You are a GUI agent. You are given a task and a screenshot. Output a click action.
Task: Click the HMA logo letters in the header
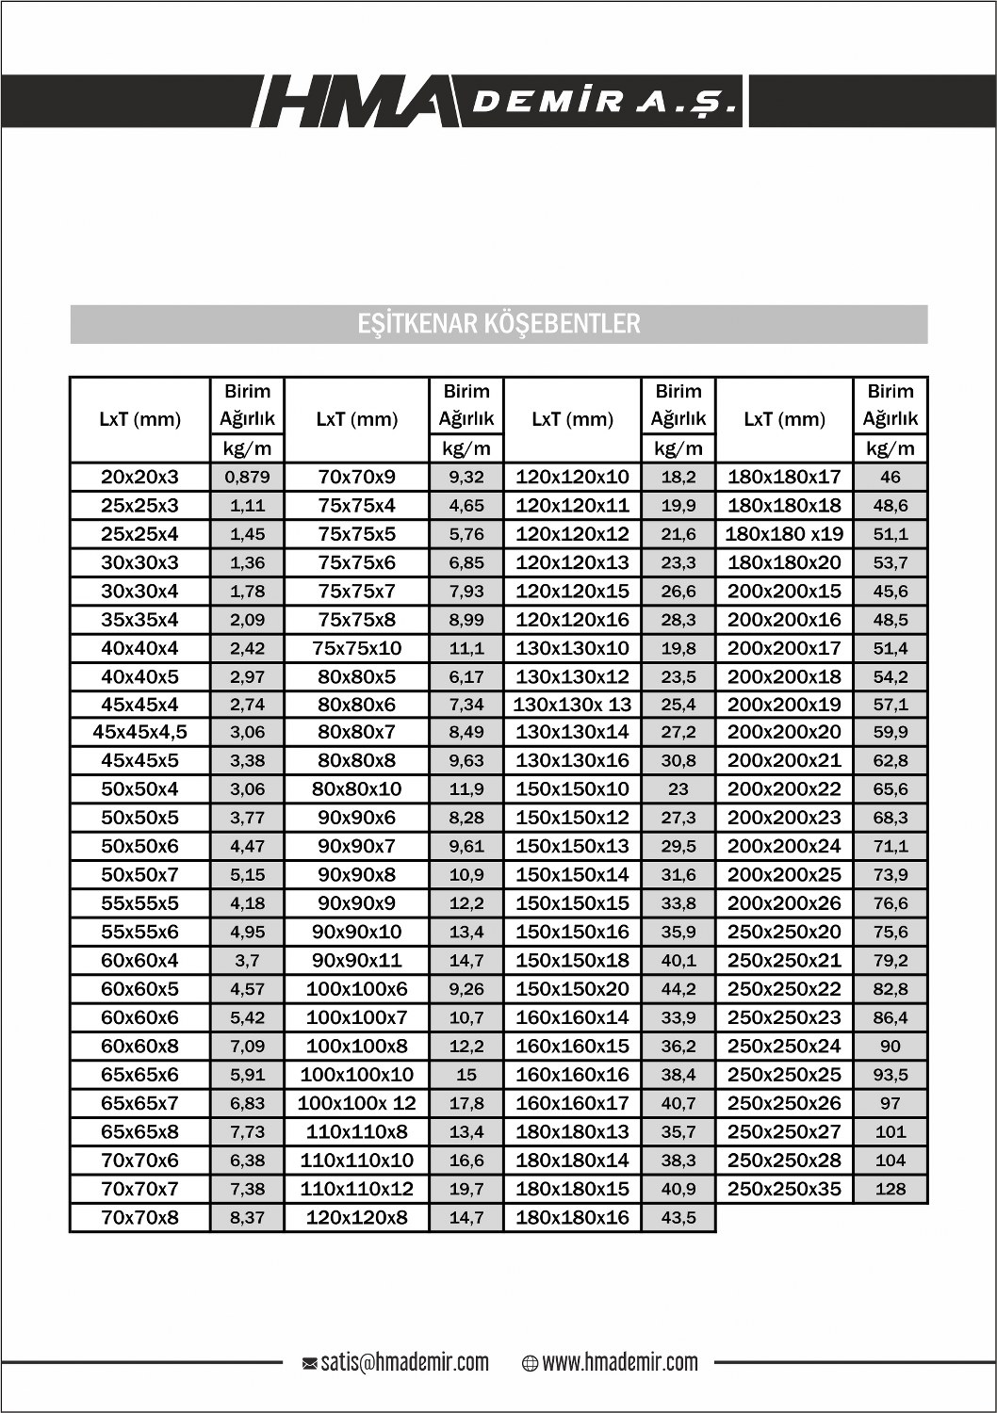coord(349,101)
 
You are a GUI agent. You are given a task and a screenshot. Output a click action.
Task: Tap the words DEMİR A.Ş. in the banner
coord(604,102)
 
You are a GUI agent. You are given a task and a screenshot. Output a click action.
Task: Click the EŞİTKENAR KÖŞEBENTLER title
coord(499,323)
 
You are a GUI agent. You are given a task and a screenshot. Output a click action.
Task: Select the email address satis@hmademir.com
coord(404,1362)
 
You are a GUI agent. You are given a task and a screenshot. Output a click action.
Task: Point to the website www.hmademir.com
coord(620,1362)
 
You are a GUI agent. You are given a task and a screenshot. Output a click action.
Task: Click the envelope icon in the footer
coord(309,1363)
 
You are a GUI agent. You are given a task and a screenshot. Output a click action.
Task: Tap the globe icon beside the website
coord(530,1363)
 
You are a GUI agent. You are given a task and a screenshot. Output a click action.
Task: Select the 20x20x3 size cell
coord(139,477)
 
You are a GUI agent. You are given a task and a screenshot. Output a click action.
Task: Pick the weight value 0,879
coord(247,477)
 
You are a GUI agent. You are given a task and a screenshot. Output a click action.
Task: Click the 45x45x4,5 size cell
coord(139,732)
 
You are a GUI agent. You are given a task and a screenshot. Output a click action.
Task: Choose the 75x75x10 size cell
coord(356,648)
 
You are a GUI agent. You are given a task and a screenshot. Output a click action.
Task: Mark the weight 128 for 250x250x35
coord(890,1189)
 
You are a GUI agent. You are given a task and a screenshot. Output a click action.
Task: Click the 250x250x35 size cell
coord(784,1189)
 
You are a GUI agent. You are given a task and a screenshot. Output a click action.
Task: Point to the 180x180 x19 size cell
coord(784,534)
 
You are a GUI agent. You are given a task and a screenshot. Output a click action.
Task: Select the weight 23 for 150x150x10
coord(678,789)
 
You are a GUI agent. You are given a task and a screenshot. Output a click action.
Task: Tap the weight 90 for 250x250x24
coord(890,1046)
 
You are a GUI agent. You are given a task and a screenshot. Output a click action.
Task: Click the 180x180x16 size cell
coord(572,1217)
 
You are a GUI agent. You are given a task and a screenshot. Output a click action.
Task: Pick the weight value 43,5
coord(678,1217)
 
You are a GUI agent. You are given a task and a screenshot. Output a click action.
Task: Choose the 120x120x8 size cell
coord(356,1217)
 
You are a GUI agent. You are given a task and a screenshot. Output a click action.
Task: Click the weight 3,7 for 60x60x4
coord(247,961)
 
